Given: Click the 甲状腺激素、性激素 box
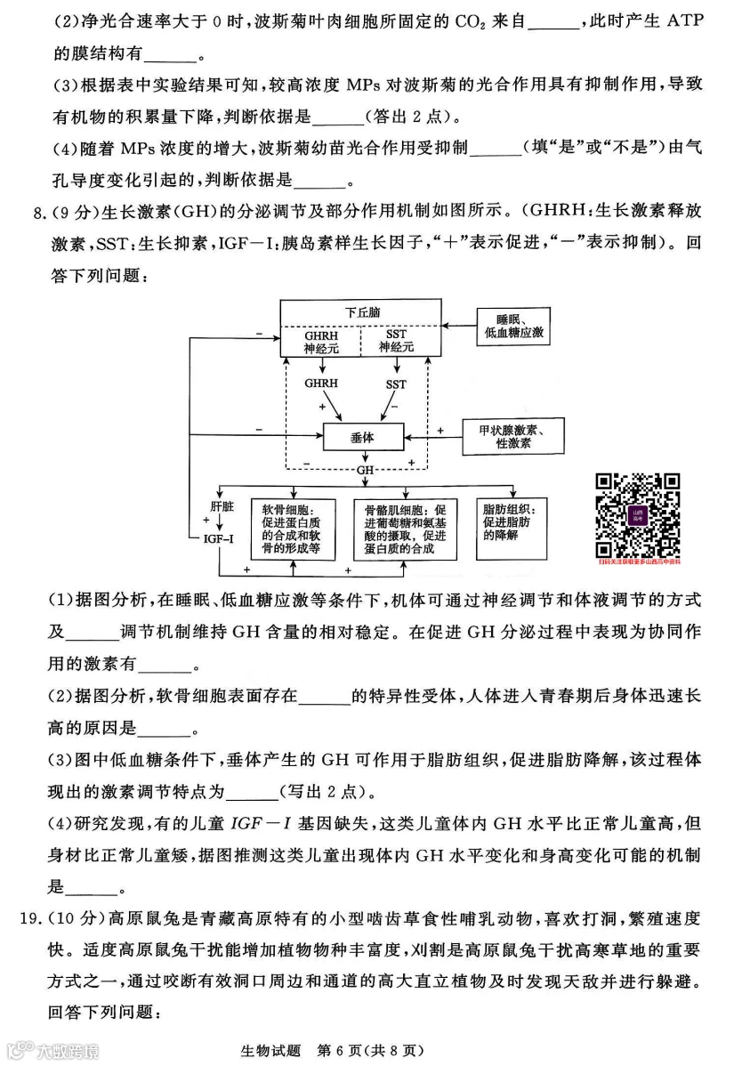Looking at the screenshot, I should (513, 435).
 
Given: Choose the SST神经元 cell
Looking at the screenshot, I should (397, 342).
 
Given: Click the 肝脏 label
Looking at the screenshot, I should (222, 505).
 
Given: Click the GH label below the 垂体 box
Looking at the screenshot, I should (365, 469).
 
